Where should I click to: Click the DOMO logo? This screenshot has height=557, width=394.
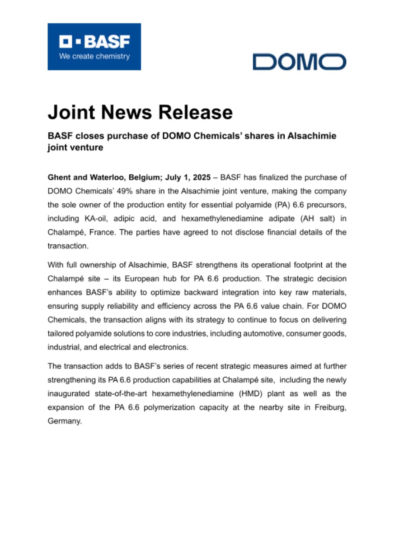(x=300, y=62)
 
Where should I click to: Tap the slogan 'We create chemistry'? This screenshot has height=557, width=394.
(x=94, y=56)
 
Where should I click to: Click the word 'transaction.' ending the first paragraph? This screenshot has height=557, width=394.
(x=68, y=246)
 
